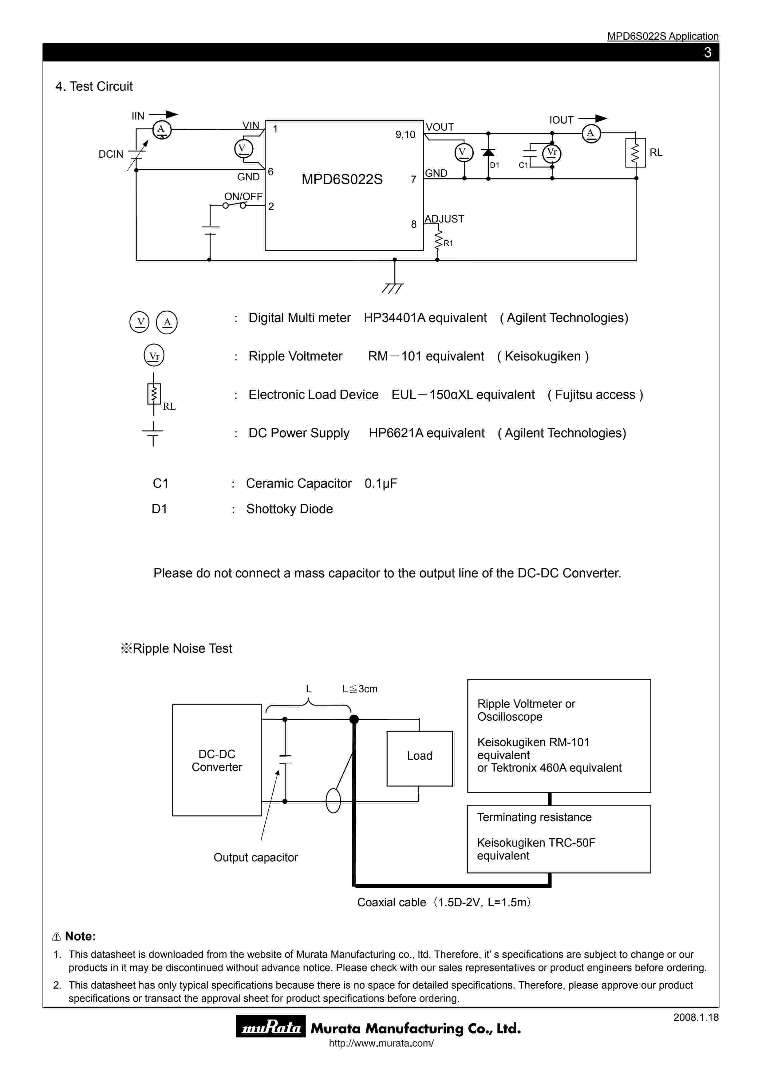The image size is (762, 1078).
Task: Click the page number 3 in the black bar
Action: click(x=708, y=53)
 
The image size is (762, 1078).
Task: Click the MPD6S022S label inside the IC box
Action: click(x=342, y=179)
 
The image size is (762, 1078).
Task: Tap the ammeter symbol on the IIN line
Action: click(x=161, y=130)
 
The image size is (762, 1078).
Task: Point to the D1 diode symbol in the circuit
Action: click(x=488, y=153)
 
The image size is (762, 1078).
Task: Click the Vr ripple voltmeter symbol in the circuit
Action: click(x=552, y=153)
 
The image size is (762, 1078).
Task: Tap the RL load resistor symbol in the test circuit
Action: click(x=635, y=153)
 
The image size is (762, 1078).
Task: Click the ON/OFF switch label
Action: click(x=243, y=196)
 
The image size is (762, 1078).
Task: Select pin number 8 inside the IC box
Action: click(x=414, y=224)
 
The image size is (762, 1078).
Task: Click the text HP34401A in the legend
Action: click(x=394, y=318)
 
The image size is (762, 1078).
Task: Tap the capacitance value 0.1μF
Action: click(x=381, y=484)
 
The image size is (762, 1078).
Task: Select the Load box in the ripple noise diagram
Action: click(x=419, y=756)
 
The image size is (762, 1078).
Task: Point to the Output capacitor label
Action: click(x=255, y=857)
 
